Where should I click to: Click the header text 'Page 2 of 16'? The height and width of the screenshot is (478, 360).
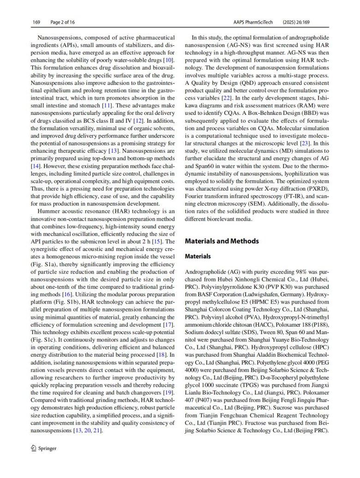click(62, 22)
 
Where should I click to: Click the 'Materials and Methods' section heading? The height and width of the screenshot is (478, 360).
click(222, 241)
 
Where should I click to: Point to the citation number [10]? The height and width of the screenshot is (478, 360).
click(169, 60)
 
